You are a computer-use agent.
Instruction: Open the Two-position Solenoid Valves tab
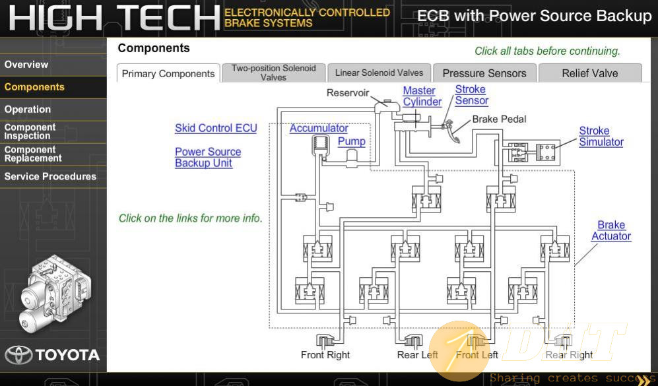click(x=274, y=73)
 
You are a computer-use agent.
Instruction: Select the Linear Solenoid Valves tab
click(x=379, y=73)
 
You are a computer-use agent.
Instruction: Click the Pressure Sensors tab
click(x=484, y=73)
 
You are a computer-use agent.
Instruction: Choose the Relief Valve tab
click(x=589, y=73)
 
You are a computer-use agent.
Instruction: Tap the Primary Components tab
click(x=168, y=73)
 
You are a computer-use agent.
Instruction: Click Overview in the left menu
click(x=26, y=65)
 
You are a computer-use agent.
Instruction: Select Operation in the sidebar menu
click(x=28, y=110)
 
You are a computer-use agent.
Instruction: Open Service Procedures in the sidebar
click(x=50, y=177)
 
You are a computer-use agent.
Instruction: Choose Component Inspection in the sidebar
click(x=30, y=132)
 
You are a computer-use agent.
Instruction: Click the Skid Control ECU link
click(x=216, y=128)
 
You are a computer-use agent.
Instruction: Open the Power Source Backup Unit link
click(x=208, y=157)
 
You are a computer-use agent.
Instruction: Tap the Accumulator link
click(x=319, y=128)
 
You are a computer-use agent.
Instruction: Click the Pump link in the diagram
click(x=352, y=142)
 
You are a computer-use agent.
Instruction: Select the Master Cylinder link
click(x=422, y=96)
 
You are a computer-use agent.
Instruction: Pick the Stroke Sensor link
click(x=472, y=95)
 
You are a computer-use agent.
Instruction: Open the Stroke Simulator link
click(x=601, y=137)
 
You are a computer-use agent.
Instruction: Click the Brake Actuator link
click(x=611, y=230)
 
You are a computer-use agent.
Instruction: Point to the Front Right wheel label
click(x=325, y=355)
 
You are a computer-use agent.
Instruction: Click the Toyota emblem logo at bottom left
click(x=18, y=355)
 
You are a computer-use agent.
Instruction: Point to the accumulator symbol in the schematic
click(x=321, y=146)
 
